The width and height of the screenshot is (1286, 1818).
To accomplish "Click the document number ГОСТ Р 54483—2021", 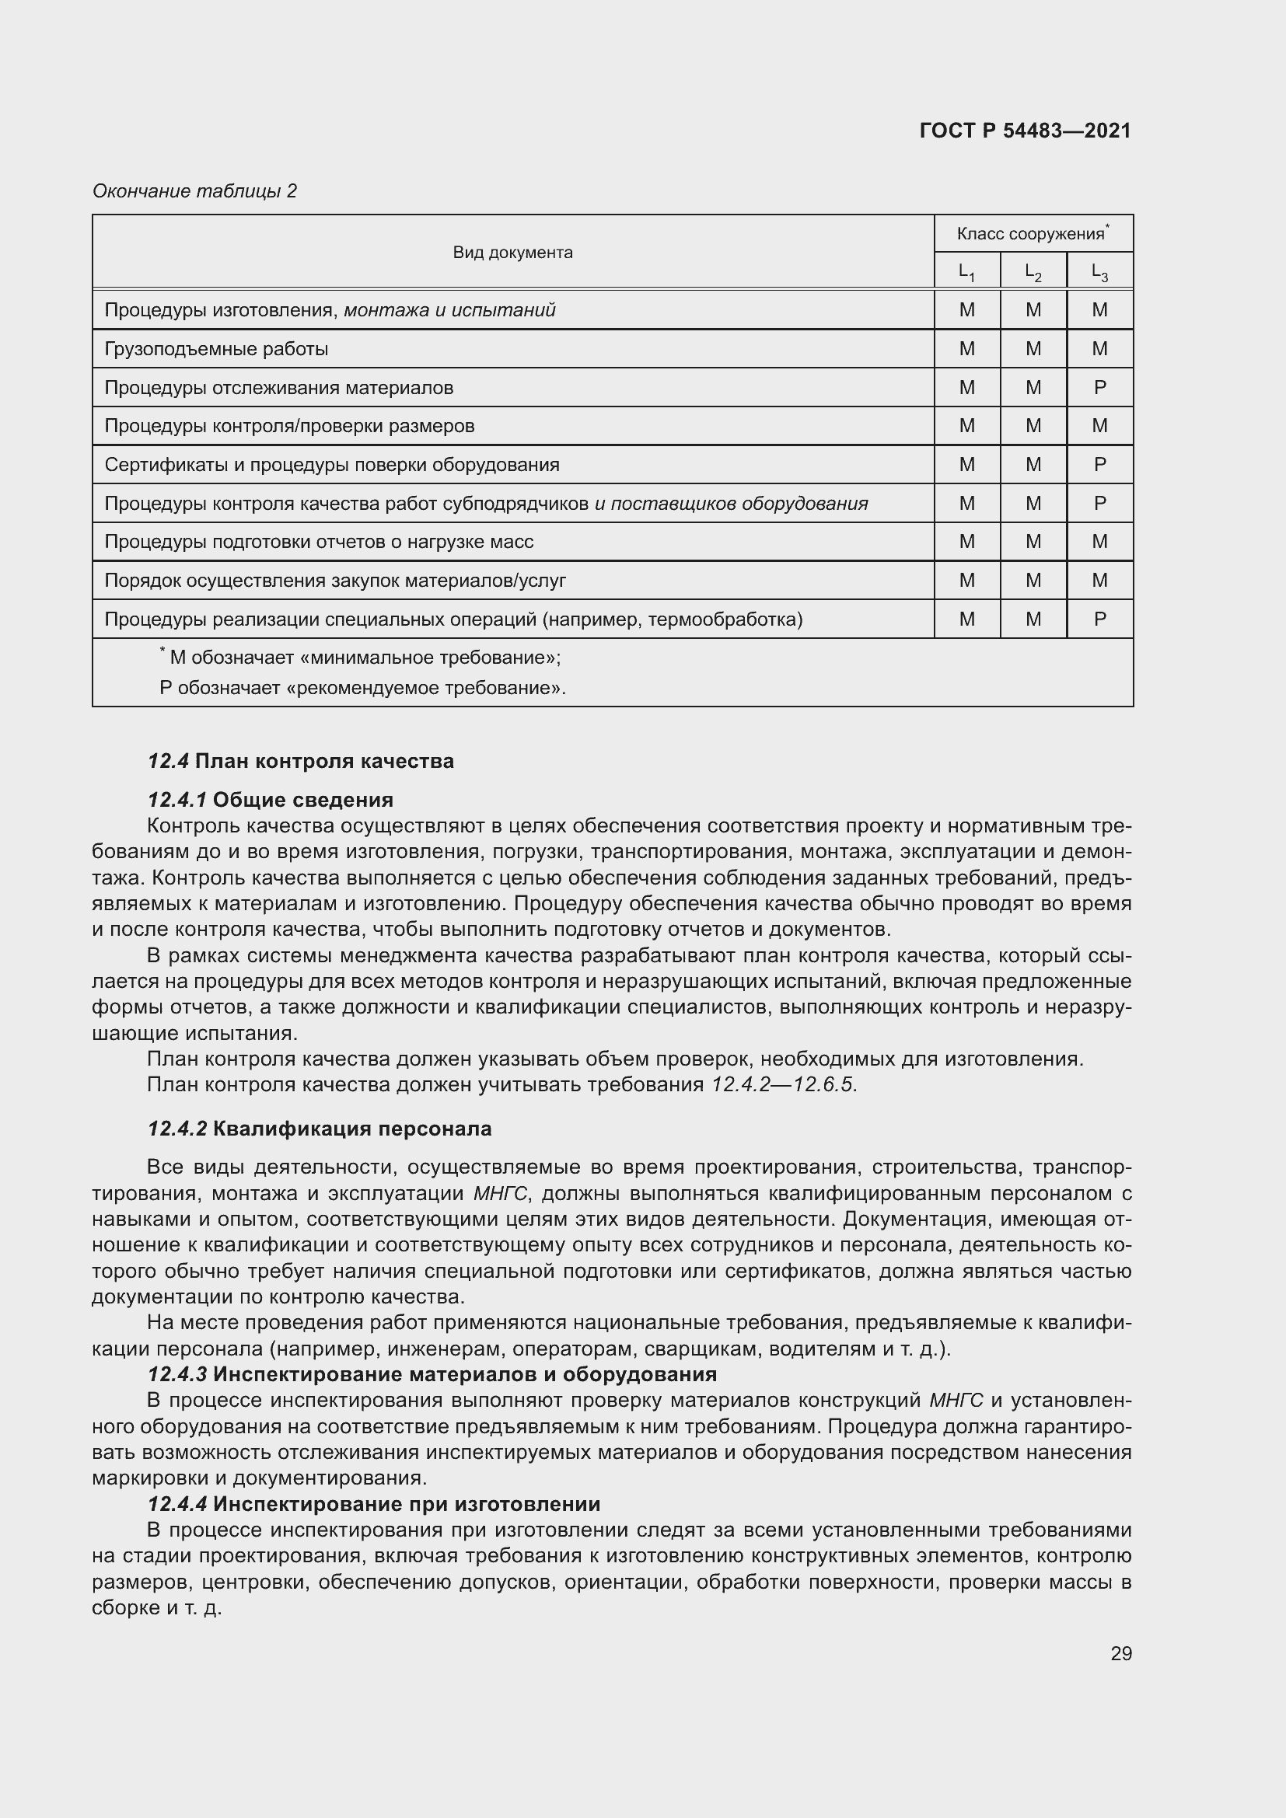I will [1025, 131].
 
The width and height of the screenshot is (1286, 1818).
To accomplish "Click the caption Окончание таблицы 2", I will [195, 191].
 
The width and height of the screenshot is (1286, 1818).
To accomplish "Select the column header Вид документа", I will [512, 253].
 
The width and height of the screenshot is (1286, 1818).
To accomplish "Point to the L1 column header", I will [966, 272].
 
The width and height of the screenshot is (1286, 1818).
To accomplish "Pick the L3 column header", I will [1099, 272].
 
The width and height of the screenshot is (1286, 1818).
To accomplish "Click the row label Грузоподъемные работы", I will [216, 349].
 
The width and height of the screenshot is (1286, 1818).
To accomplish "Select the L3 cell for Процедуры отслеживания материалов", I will [1099, 388].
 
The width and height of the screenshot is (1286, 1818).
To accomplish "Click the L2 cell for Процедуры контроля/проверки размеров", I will [1033, 426].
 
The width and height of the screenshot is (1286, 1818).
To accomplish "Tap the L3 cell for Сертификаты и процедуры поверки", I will [1099, 465].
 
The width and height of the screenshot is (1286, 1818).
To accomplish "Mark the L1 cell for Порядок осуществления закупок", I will [966, 581].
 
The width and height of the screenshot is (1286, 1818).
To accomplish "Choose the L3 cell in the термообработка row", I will [1099, 619].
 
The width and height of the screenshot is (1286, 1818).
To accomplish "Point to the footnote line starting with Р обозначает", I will [362, 688].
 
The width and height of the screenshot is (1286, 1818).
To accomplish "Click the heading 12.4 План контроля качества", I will [301, 761].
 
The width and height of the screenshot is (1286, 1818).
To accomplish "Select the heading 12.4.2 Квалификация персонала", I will [319, 1129].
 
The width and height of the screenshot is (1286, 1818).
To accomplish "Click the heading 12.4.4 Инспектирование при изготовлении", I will [374, 1504].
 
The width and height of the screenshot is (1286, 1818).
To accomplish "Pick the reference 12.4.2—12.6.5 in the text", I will [783, 1084].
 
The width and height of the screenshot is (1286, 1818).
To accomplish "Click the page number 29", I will [1120, 1653].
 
